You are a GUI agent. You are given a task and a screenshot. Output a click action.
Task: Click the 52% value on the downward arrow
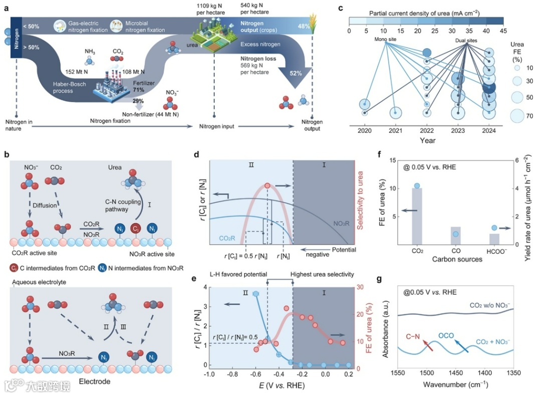tap(295, 73)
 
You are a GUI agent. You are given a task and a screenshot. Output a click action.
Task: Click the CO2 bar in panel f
tap(417, 216)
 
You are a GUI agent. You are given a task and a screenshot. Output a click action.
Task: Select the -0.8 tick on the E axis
tap(232, 374)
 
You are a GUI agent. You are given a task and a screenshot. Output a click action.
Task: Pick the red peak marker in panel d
tap(267, 186)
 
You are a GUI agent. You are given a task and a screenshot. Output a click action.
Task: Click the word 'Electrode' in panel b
tap(95, 381)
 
